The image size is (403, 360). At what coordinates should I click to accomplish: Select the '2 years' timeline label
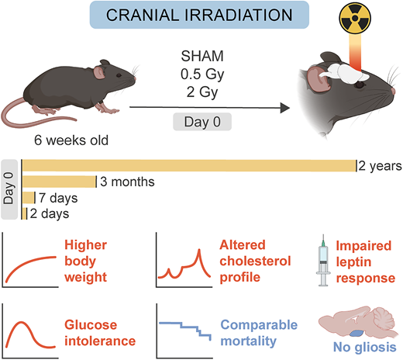pos(379,164)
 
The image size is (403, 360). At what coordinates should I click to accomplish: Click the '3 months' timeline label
pos(127,182)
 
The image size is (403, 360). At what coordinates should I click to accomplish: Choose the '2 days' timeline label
pos(49,212)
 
